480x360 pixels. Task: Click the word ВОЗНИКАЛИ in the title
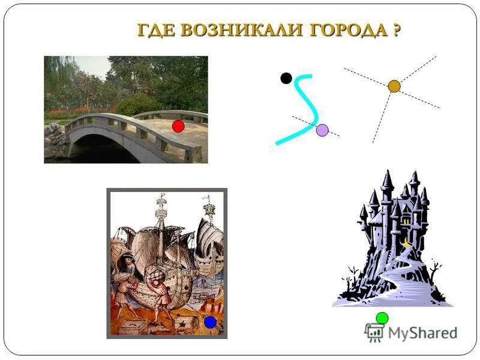[240, 31]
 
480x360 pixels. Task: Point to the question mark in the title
[397, 31]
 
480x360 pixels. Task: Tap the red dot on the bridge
[178, 126]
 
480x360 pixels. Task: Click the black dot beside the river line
[286, 77]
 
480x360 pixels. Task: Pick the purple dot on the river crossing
[322, 130]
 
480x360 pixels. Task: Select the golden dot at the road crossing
[394, 86]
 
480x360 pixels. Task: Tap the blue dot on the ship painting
[210, 322]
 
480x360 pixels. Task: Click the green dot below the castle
[382, 318]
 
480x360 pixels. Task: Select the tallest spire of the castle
[387, 180]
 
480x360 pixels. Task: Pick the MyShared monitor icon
[374, 332]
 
